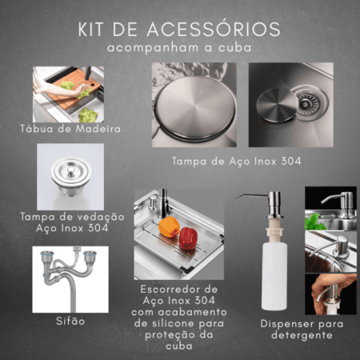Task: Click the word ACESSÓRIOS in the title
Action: [x=214, y=29]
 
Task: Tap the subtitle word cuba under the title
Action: [x=235, y=48]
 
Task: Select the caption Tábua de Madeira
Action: [x=70, y=129]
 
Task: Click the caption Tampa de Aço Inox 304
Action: [x=236, y=162]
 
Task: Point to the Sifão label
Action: [x=70, y=321]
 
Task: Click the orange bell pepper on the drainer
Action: [x=169, y=227]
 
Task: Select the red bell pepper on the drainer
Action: [x=188, y=238]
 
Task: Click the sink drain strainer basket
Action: [x=310, y=102]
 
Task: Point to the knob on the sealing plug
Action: [x=71, y=172]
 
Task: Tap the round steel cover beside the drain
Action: [x=277, y=105]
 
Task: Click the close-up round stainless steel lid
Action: [x=195, y=107]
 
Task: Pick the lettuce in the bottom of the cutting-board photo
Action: [x=88, y=115]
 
